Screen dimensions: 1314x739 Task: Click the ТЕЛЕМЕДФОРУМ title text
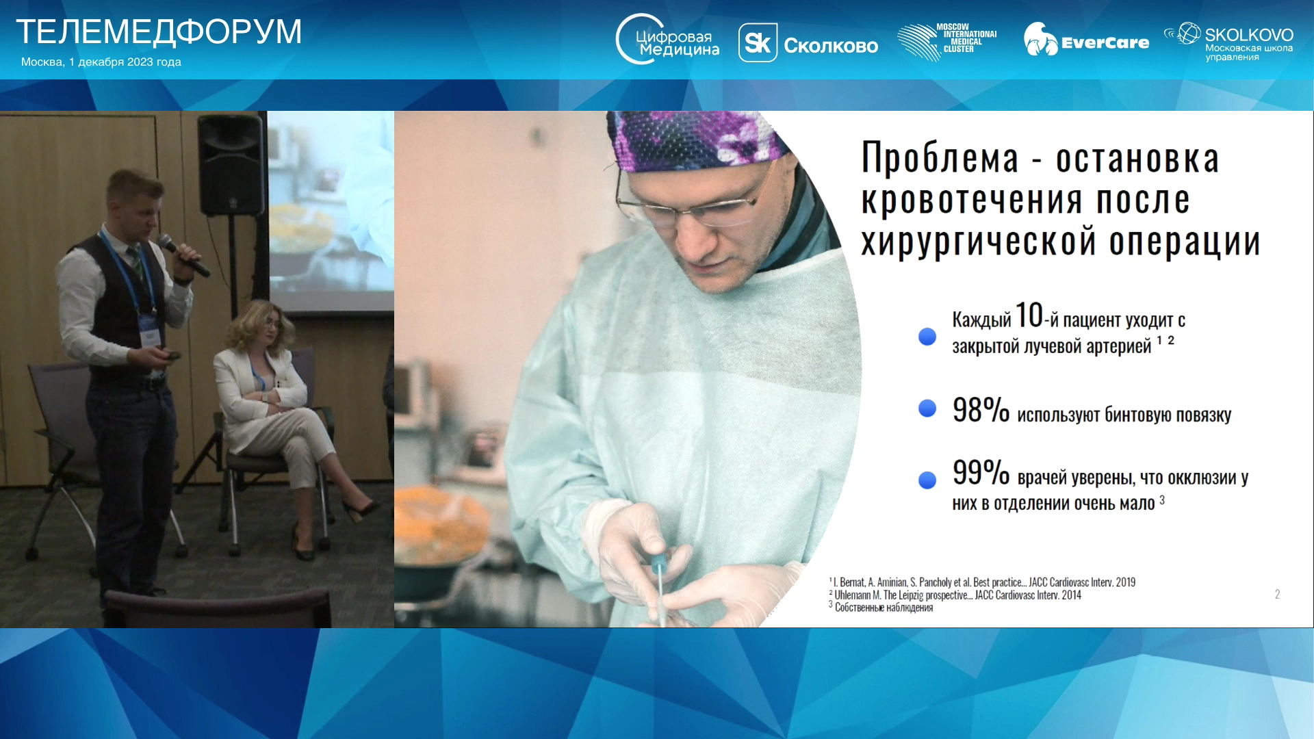(158, 31)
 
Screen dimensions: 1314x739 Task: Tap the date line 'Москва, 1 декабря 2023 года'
(101, 62)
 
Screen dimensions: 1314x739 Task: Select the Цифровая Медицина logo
(667, 40)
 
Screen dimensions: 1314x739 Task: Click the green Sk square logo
(758, 43)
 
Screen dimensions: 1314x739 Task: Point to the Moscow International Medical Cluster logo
(946, 42)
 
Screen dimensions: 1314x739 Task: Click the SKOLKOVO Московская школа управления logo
(1228, 42)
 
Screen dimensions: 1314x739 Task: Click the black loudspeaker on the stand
(231, 165)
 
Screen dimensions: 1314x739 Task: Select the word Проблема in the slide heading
(940, 158)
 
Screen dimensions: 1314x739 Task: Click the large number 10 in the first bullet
(1029, 315)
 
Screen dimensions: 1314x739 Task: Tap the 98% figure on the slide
(981, 411)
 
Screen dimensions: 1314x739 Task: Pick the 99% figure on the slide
(981, 473)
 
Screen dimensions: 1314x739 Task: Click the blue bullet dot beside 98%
(927, 409)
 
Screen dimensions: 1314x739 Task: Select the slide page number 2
(1277, 595)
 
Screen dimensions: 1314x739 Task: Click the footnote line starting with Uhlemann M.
(955, 595)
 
